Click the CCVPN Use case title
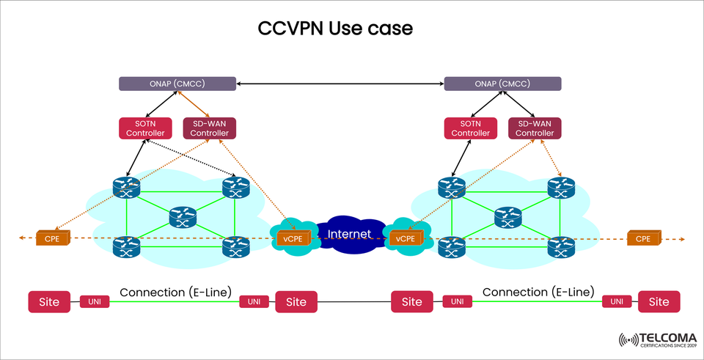[x=335, y=29]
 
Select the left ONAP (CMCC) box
[x=177, y=84]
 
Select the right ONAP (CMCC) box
[x=503, y=84]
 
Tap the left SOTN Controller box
[x=145, y=128]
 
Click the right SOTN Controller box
[x=470, y=128]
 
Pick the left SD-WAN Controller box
[x=209, y=128]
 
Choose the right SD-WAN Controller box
[x=535, y=128]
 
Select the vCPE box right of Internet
[x=405, y=238]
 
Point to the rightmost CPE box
[x=643, y=238]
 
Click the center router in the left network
[x=182, y=216]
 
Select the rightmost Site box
[x=659, y=301]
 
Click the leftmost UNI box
[x=95, y=301]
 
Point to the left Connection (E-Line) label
[x=175, y=292]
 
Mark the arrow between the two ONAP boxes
[x=340, y=84]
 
